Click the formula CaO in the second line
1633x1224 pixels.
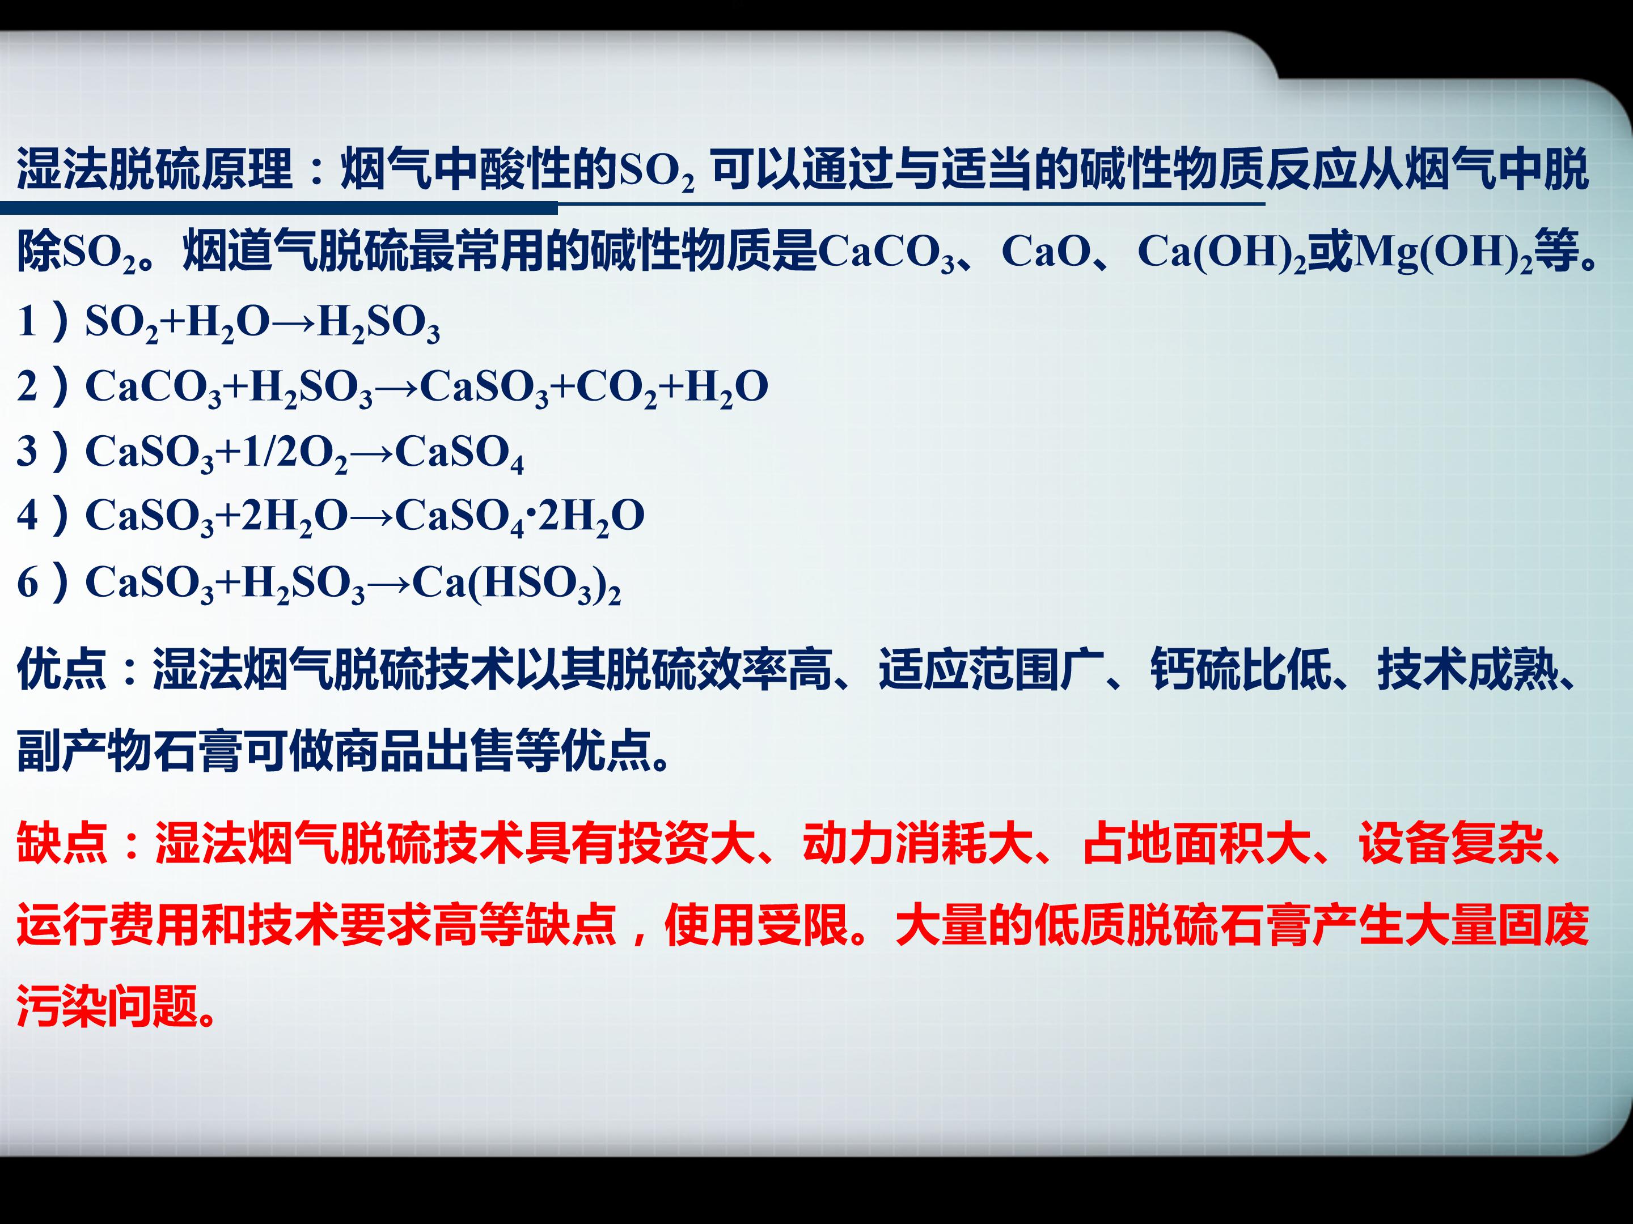coord(1047,251)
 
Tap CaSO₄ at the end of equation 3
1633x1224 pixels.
coord(459,452)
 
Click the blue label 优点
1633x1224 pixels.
coord(61,669)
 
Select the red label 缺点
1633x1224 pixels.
coord(61,843)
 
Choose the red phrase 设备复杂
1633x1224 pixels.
coord(1449,843)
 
